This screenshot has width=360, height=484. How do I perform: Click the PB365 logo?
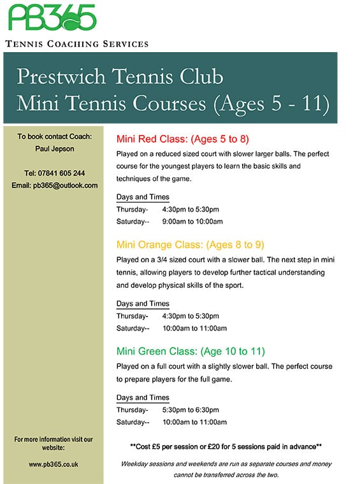pyautogui.click(x=52, y=18)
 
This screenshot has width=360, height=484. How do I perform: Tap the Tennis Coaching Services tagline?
pyautogui.click(x=76, y=44)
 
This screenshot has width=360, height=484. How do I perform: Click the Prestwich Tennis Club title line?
pyautogui.click(x=120, y=76)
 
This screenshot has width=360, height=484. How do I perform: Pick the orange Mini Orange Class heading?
pyautogui.click(x=190, y=245)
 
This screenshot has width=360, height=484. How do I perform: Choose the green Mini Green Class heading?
pyautogui.click(x=191, y=351)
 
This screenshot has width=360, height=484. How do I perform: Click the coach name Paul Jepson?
pyautogui.click(x=54, y=149)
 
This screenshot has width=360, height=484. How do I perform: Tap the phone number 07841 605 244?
pyautogui.click(x=54, y=173)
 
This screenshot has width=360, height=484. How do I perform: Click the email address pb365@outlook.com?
pyautogui.click(x=54, y=185)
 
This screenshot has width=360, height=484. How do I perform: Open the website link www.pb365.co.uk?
pyautogui.click(x=54, y=465)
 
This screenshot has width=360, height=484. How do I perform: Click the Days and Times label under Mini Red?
pyautogui.click(x=143, y=197)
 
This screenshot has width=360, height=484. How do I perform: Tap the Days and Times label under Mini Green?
pyautogui.click(x=143, y=398)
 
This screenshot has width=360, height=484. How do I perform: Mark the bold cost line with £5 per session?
pyautogui.click(x=225, y=446)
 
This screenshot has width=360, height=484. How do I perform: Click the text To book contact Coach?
pyautogui.click(x=54, y=136)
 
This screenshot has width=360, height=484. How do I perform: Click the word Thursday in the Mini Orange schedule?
pyautogui.click(x=132, y=316)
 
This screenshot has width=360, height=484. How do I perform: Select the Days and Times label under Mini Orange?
pyautogui.click(x=143, y=304)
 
